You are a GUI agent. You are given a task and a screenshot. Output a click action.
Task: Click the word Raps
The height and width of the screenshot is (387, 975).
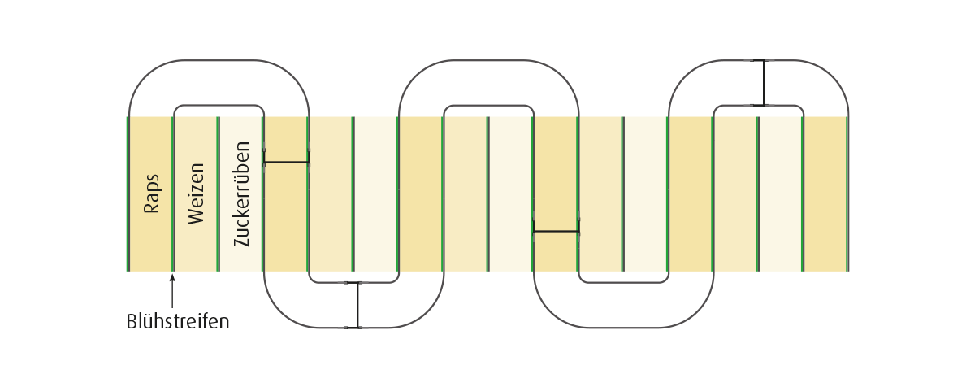tap(151, 193)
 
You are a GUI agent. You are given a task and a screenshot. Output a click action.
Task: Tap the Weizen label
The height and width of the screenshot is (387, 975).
tap(196, 193)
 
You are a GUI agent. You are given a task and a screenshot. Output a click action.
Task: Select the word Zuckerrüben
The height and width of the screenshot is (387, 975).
tap(241, 193)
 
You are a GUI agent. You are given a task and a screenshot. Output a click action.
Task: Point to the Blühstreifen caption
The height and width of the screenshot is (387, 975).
tap(178, 322)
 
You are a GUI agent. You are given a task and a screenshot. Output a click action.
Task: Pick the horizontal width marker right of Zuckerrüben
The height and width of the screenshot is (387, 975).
tap(286, 163)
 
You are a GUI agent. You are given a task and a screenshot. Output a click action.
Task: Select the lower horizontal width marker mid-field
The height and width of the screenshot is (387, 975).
tap(556, 231)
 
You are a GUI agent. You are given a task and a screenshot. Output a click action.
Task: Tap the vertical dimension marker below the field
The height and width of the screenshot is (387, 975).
tap(358, 305)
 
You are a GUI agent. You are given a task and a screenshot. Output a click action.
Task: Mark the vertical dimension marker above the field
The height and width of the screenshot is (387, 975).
tap(764, 83)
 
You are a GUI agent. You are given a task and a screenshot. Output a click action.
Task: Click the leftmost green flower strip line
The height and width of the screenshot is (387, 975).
tap(128, 193)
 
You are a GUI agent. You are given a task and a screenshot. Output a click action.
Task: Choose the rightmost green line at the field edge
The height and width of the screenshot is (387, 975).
tap(847, 193)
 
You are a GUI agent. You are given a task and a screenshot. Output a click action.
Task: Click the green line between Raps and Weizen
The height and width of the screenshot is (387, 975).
tap(173, 193)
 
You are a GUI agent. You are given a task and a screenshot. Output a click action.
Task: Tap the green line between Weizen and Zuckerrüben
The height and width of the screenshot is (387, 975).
tap(218, 193)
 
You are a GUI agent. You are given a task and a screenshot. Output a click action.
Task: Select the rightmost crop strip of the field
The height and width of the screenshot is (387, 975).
tap(825, 193)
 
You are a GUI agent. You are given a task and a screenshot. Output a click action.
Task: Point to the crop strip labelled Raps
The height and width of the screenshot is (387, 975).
tap(150, 193)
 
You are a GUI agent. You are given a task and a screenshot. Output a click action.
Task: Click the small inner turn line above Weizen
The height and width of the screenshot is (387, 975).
tap(219, 106)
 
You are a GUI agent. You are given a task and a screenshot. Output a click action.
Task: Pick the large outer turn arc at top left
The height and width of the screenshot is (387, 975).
tap(219, 60)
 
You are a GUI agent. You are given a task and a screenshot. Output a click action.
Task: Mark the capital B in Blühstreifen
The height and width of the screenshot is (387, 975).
tap(131, 322)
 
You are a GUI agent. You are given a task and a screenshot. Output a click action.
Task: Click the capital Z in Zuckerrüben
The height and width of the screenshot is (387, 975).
tap(241, 242)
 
